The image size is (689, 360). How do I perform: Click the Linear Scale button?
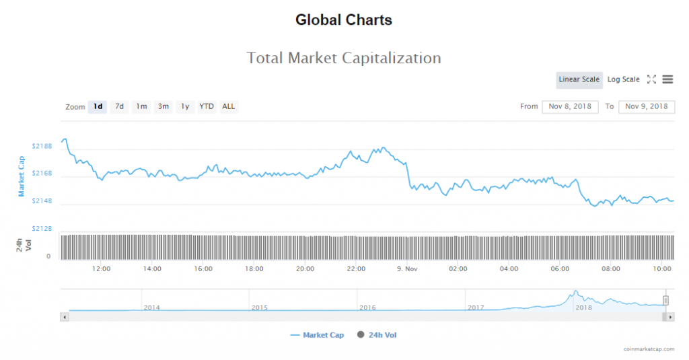579,79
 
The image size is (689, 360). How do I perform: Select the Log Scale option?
623,79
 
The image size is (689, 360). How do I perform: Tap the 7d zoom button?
119,106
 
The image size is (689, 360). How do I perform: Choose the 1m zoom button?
141,106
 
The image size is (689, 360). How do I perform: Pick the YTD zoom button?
207,106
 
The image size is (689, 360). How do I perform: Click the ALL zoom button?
229,106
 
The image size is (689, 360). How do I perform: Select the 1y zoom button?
184,106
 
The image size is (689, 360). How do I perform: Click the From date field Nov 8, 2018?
570,106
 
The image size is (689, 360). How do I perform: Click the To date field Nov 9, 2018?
646,106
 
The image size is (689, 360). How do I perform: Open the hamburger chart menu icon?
667,79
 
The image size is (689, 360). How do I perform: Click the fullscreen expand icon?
651,79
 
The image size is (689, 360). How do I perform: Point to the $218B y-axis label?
42,146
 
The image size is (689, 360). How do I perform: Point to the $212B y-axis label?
42,229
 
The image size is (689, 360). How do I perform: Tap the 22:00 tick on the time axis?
356,269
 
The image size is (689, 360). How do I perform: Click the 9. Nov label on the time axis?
406,269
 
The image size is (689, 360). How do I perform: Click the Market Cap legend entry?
317,335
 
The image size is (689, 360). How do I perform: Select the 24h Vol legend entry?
377,335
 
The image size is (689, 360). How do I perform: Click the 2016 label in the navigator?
367,308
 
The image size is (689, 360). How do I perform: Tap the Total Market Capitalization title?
344,58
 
